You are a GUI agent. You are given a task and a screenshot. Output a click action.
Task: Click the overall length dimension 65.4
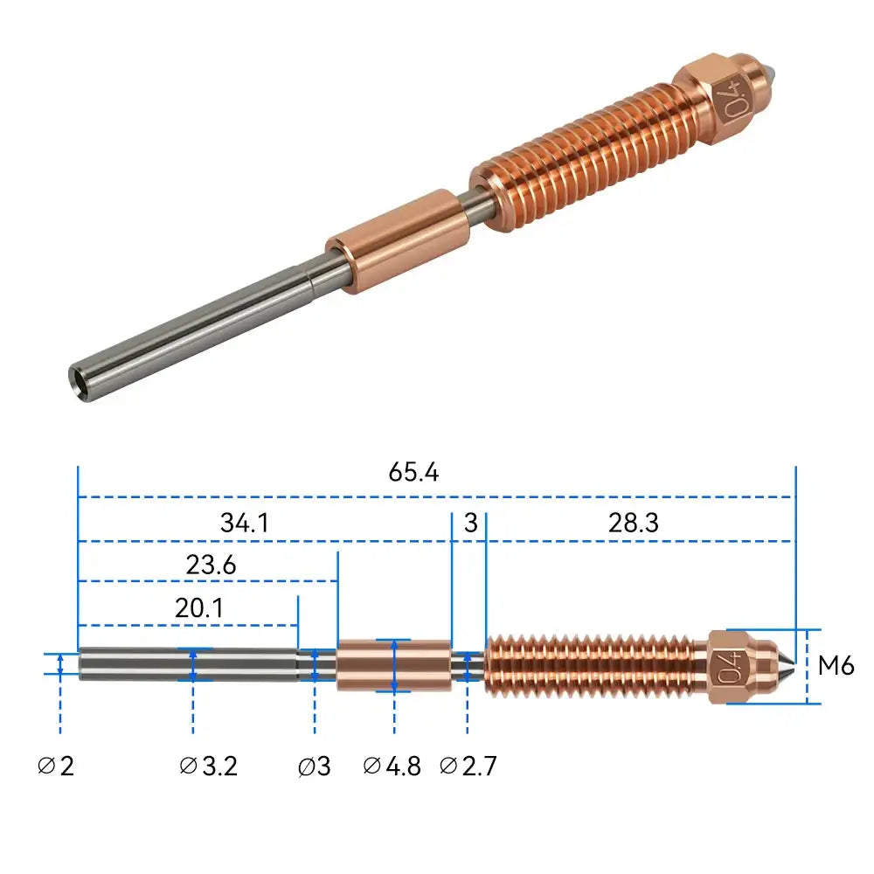click(x=413, y=473)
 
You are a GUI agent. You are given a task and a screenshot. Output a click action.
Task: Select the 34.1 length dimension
click(x=244, y=524)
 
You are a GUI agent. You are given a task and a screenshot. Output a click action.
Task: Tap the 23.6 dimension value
click(x=211, y=565)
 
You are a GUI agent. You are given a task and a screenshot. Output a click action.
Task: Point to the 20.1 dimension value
click(x=198, y=608)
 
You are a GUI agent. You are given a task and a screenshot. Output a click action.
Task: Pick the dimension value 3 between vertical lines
click(x=471, y=524)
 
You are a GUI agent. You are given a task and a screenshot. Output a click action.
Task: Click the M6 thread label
click(x=836, y=666)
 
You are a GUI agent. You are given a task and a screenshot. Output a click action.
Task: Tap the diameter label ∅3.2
click(x=208, y=766)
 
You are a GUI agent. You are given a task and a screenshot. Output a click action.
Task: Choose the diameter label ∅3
click(x=314, y=766)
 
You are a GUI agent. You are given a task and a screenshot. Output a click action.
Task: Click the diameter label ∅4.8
click(x=392, y=766)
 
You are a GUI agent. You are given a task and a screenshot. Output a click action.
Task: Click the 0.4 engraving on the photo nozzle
click(x=731, y=93)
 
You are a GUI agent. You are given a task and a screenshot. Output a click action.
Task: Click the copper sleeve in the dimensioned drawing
click(x=393, y=665)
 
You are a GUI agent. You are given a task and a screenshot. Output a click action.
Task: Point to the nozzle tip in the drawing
click(x=790, y=666)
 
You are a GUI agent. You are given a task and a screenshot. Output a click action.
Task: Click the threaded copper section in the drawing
click(x=594, y=666)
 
